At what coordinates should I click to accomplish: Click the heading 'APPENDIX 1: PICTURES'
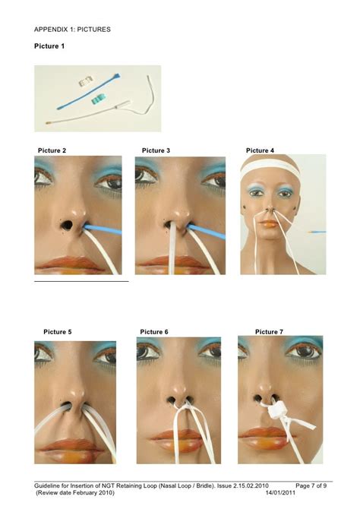tap(72, 30)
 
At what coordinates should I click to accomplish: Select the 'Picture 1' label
tap(49, 47)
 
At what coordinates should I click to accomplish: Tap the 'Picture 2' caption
tap(52, 150)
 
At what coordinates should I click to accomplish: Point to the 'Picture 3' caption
tap(156, 150)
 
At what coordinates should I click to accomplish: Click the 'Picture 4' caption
tap(261, 150)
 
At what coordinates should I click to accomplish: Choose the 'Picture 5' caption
tap(58, 332)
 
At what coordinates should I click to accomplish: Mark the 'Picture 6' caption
tap(154, 332)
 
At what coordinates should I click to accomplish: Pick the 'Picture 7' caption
tap(269, 332)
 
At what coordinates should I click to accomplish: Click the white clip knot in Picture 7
tap(277, 410)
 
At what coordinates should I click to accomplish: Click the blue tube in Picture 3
tap(211, 233)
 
